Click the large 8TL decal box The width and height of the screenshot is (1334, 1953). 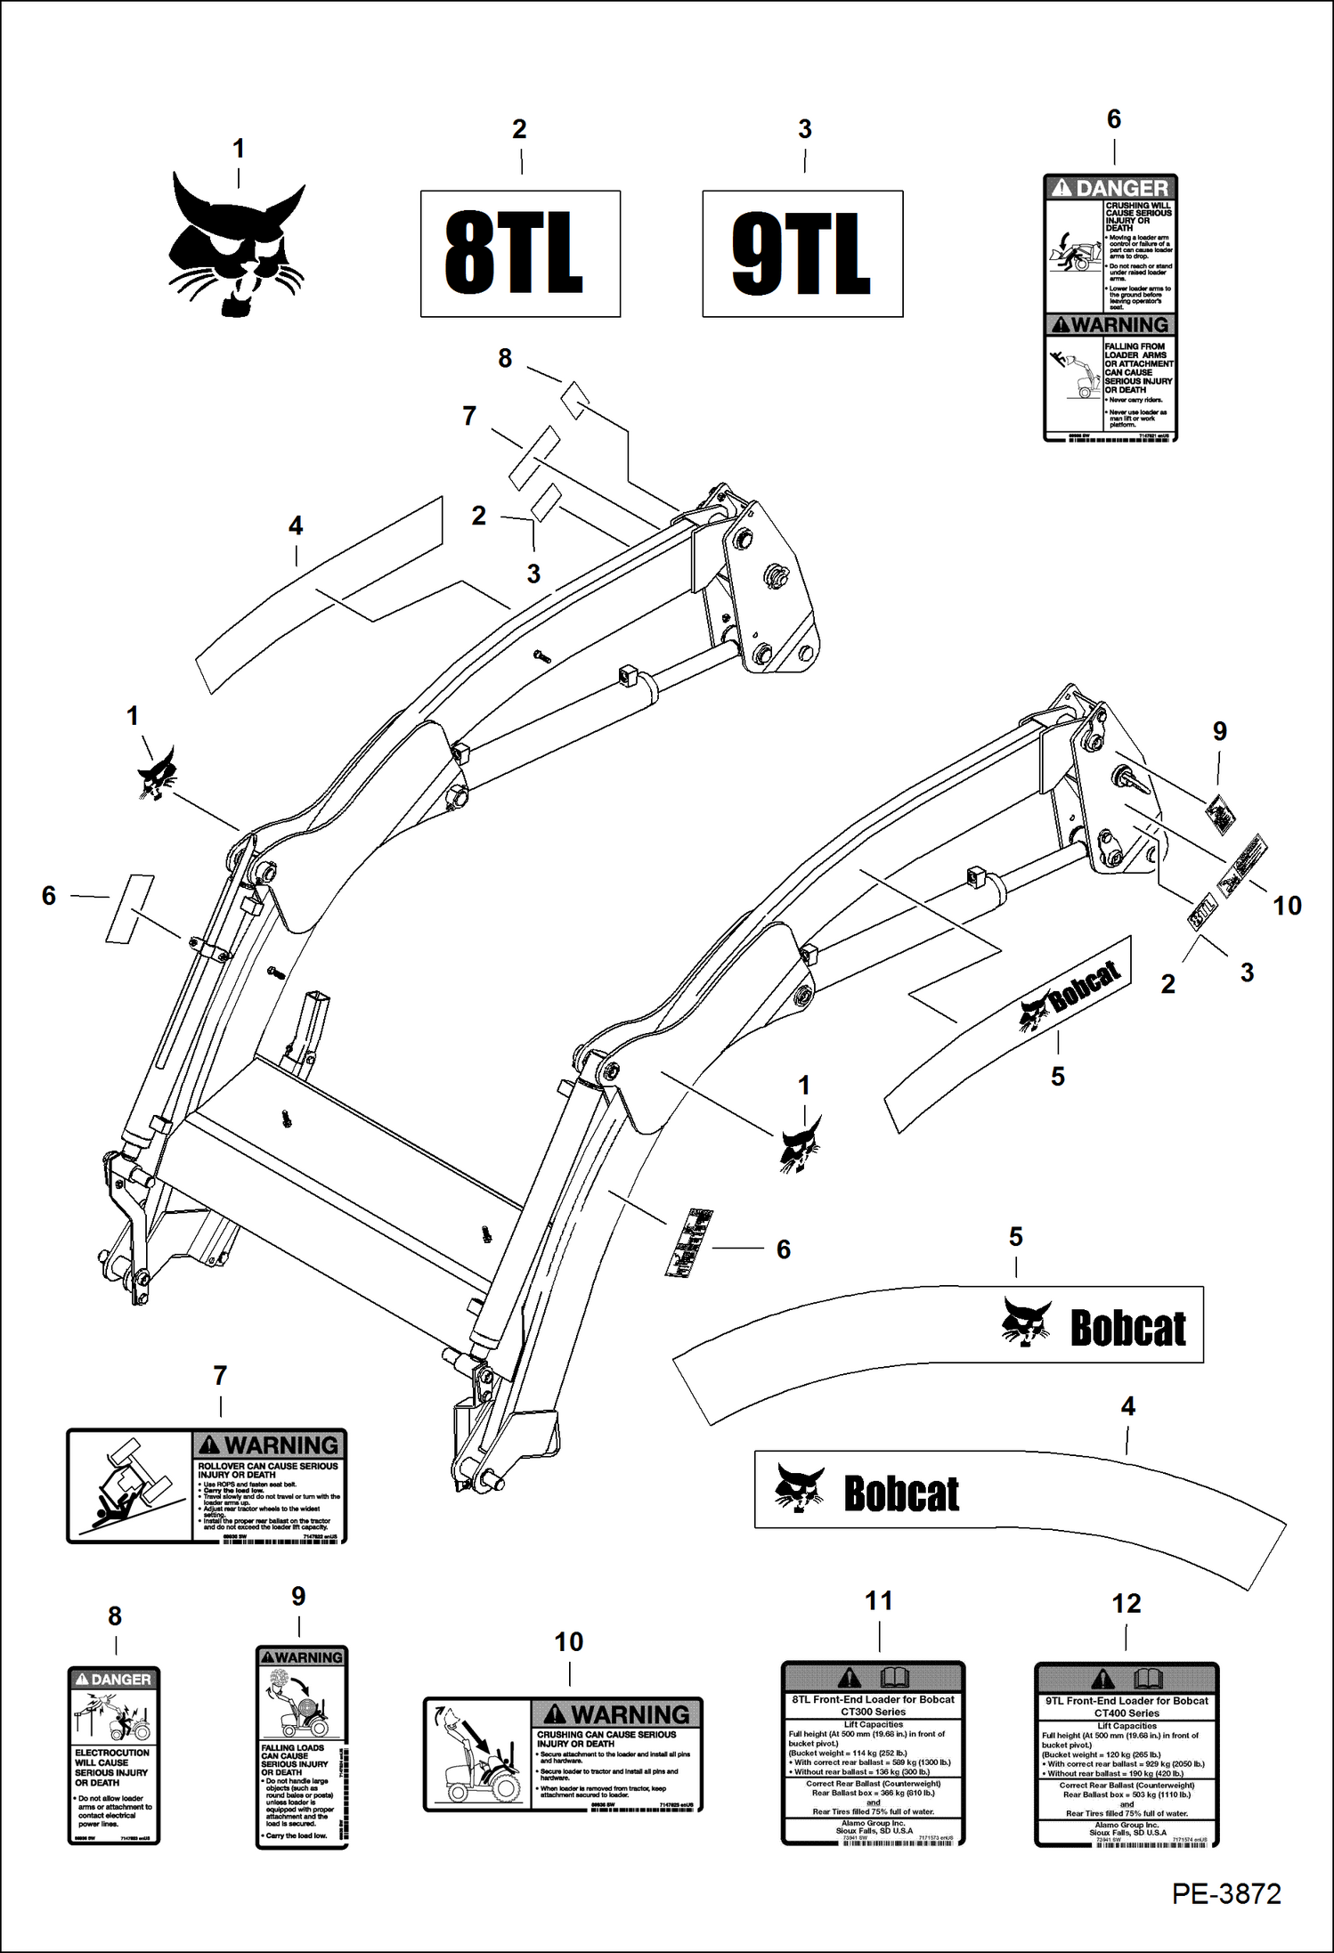(520, 254)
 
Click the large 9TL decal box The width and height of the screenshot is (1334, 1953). (802, 254)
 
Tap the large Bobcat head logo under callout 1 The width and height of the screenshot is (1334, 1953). (238, 245)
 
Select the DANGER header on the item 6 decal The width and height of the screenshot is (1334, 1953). (1110, 188)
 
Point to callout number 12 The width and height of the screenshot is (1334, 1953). (1126, 1604)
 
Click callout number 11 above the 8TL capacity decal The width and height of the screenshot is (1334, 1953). (878, 1601)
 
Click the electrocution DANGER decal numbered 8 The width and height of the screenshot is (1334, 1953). (114, 1755)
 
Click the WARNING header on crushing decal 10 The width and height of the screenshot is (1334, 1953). (617, 1714)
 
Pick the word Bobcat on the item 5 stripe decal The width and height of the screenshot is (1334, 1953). (1127, 1330)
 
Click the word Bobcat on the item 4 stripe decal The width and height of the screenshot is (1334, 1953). (901, 1494)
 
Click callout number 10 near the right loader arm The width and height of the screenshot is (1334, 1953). (1287, 906)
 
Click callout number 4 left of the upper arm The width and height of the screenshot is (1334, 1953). (296, 526)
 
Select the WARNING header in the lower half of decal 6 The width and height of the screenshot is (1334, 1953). (1110, 325)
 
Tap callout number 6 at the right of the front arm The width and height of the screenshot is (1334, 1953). (783, 1249)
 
